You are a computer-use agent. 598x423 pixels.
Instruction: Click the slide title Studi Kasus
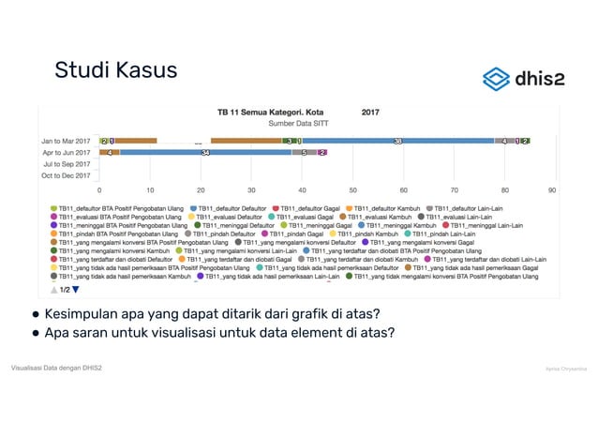point(115,70)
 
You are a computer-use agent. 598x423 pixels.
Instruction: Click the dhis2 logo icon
point(496,78)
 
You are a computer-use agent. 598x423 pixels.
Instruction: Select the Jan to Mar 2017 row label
point(66,141)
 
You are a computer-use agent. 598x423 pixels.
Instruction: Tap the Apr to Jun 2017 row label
point(66,152)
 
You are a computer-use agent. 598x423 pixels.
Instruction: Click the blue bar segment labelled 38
point(397,141)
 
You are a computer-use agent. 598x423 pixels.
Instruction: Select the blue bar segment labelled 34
point(205,152)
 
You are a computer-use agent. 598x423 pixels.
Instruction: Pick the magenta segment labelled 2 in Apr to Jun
point(322,152)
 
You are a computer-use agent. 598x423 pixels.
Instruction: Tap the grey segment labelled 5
point(304,152)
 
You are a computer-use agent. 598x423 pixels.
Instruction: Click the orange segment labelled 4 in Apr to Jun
point(110,152)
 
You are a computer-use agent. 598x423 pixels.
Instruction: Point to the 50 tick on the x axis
point(353,189)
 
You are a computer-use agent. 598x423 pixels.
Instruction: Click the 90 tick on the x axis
point(552,189)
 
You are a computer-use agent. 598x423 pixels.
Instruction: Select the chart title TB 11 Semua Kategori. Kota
point(271,110)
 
